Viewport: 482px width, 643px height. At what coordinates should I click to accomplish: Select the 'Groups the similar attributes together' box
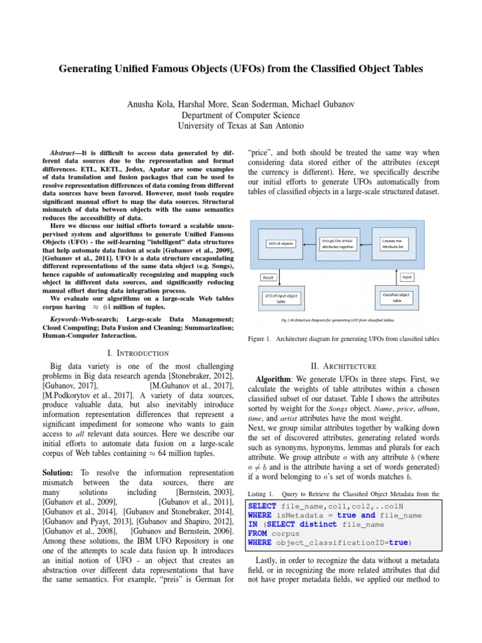(338, 243)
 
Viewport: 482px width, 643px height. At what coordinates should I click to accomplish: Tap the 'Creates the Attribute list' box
(396, 243)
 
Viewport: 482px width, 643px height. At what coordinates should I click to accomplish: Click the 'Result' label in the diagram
(269, 277)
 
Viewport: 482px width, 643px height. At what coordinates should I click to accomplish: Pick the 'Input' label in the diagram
(407, 277)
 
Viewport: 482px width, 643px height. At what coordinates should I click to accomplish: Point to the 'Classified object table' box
(396, 297)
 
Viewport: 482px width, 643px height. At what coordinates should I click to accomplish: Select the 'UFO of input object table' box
(280, 298)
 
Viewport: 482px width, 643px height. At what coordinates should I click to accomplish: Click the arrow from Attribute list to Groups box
(370, 243)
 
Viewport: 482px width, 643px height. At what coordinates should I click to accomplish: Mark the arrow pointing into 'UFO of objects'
(308, 243)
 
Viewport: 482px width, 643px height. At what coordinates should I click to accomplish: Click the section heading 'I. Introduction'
(138, 354)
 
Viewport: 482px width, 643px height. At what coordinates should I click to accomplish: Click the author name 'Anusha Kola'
(149, 104)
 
